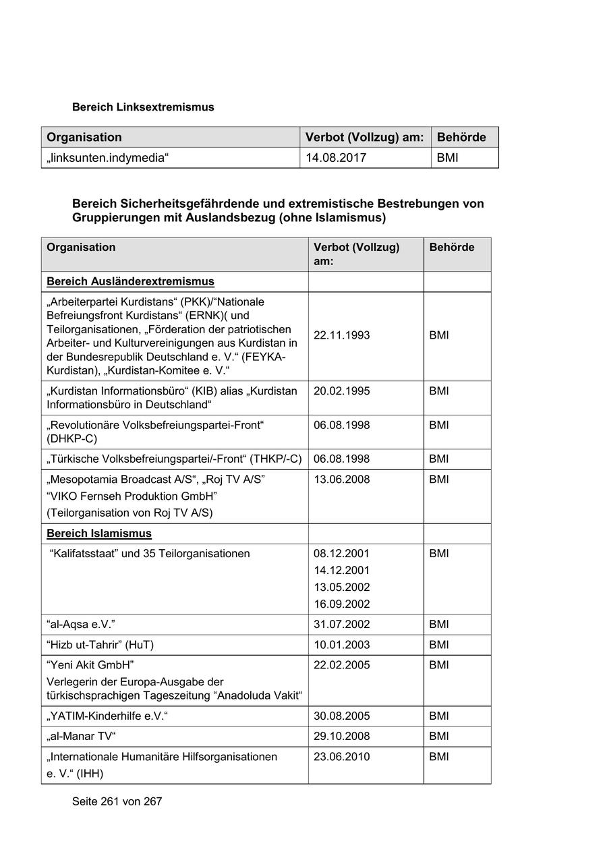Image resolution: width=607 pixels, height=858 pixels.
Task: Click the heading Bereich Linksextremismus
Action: (x=143, y=107)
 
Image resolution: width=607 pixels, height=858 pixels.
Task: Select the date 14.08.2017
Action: (x=336, y=158)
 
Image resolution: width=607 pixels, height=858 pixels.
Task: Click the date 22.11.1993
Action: (x=341, y=335)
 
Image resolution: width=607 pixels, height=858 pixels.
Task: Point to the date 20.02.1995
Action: (x=341, y=391)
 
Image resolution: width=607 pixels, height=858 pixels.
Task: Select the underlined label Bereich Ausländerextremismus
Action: (x=130, y=281)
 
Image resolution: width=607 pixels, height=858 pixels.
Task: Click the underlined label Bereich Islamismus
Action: (x=99, y=534)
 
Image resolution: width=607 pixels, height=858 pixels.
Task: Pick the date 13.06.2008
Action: (x=341, y=480)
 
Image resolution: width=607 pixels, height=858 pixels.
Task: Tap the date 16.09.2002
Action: (x=341, y=604)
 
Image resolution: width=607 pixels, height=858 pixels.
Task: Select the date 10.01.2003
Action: (x=341, y=645)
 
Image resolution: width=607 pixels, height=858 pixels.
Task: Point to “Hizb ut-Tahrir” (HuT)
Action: (x=100, y=645)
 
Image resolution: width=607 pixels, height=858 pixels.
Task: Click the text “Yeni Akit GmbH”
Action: (x=91, y=665)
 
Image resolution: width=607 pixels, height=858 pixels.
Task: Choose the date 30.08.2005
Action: (x=341, y=716)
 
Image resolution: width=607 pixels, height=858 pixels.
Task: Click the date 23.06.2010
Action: (x=341, y=757)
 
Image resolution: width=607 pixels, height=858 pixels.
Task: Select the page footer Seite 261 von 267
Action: (x=117, y=801)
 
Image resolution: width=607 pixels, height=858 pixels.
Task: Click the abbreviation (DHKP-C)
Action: (x=72, y=439)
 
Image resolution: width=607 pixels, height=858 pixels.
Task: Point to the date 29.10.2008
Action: (x=341, y=737)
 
